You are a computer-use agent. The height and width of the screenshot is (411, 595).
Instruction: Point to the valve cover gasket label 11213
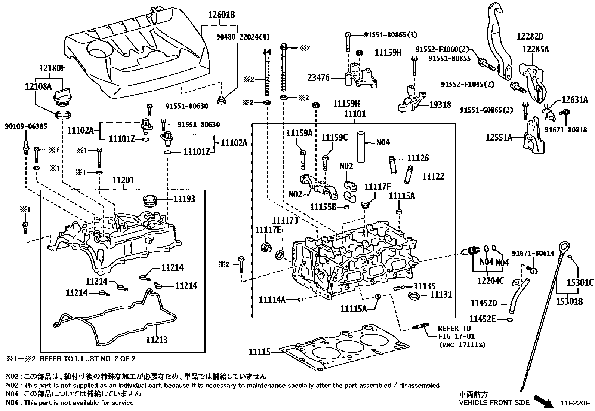pyautogui.click(x=157, y=340)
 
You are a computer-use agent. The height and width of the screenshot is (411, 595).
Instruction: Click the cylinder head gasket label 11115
pyautogui.click(x=259, y=352)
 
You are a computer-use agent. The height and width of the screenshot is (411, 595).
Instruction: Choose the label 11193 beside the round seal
pyautogui.click(x=184, y=199)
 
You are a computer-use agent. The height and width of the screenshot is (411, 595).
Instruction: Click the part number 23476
pyautogui.click(x=318, y=78)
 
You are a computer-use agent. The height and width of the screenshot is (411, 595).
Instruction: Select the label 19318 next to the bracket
pyautogui.click(x=440, y=105)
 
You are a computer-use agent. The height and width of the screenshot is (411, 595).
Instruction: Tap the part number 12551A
pyautogui.click(x=499, y=137)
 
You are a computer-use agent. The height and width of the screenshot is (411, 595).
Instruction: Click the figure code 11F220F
pyautogui.click(x=575, y=403)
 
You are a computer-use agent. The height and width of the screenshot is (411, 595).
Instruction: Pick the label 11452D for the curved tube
pyautogui.click(x=484, y=303)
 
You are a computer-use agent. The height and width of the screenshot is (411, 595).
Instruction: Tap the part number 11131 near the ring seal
pyautogui.click(x=441, y=294)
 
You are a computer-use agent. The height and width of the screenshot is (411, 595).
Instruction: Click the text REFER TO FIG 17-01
pyautogui.click(x=454, y=332)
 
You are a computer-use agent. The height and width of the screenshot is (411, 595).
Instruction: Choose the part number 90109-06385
pyautogui.click(x=26, y=126)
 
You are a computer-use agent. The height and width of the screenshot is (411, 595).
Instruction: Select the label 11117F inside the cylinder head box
pyautogui.click(x=377, y=187)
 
